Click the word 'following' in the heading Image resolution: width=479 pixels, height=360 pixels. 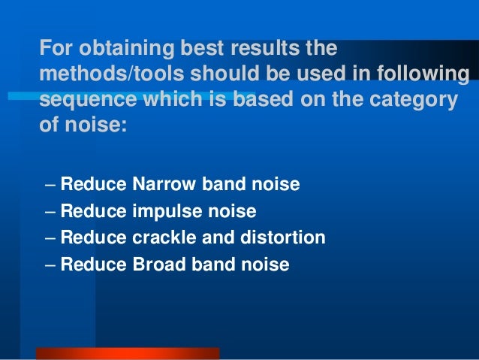coord(423,75)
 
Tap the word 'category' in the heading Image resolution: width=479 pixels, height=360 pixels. coord(415,101)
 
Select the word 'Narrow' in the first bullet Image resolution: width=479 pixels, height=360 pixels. coord(161,183)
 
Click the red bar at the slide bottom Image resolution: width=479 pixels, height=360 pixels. coord(127,353)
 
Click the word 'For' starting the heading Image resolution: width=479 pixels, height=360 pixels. coord(55,50)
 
